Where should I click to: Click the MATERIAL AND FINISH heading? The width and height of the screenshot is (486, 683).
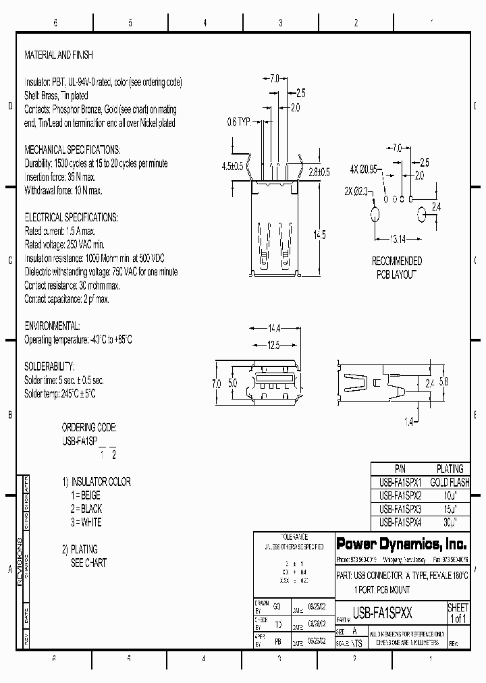coord(59,55)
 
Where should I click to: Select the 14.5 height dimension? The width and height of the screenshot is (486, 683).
coord(319,234)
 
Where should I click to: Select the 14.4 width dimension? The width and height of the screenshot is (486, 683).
coord(273,329)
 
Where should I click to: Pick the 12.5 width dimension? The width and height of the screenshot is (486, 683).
coord(273,345)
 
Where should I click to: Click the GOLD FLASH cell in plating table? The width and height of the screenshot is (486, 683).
coord(449,483)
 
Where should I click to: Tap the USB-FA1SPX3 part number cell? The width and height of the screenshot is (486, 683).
coord(400,509)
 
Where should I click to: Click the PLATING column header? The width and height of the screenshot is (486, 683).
coord(450,469)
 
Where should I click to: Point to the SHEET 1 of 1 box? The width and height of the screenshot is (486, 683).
coord(458,613)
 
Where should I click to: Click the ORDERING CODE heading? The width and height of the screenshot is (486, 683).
coord(89,428)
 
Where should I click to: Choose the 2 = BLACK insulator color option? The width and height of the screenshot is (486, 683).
coord(86,509)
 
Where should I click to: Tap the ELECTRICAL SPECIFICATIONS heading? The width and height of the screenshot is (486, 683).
coord(71,217)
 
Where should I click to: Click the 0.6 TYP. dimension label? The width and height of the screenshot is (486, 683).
coord(238,122)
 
